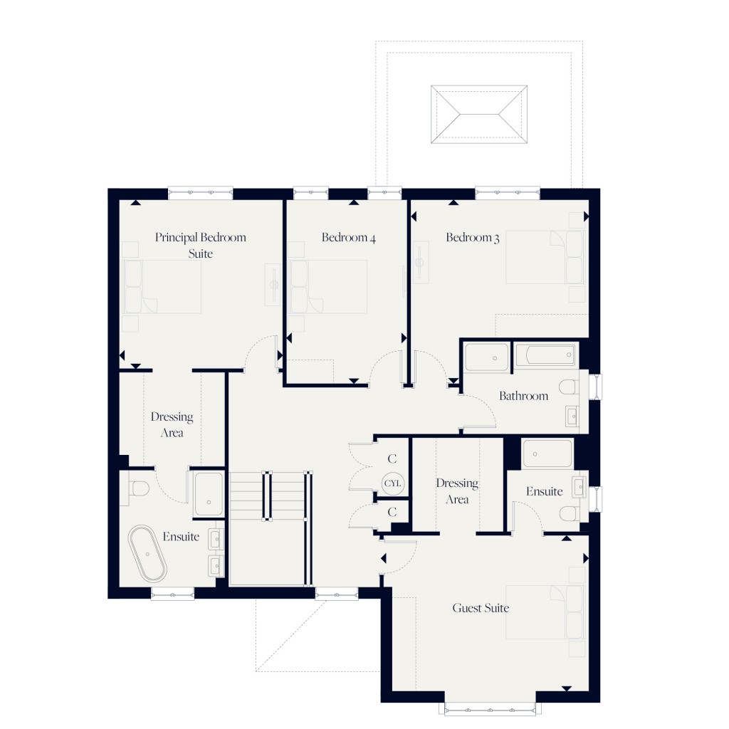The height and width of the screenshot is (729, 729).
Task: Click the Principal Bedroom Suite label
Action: click(x=201, y=245)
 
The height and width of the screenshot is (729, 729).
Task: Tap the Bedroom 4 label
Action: click(x=348, y=238)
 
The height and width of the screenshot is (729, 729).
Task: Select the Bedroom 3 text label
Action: click(x=473, y=238)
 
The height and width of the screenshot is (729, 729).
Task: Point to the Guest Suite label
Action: click(x=481, y=608)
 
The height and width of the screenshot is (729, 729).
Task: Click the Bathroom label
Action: click(x=523, y=396)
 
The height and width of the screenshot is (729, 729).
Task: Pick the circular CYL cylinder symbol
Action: click(x=392, y=483)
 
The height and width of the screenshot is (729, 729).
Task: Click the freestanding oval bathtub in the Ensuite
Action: click(x=147, y=555)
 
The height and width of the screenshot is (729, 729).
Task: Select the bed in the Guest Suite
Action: click(x=545, y=612)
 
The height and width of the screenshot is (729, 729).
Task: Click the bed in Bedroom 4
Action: click(x=328, y=286)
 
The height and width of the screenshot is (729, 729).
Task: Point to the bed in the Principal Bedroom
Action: click(x=163, y=286)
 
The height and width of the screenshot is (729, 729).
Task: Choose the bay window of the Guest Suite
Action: click(x=490, y=708)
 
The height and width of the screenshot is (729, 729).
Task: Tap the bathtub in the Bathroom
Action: click(x=545, y=355)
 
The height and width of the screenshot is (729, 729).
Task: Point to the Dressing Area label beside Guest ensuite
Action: click(x=457, y=491)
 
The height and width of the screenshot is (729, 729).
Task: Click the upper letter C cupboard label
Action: click(x=392, y=459)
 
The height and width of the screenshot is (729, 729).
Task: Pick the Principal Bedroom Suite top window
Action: click(x=201, y=192)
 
